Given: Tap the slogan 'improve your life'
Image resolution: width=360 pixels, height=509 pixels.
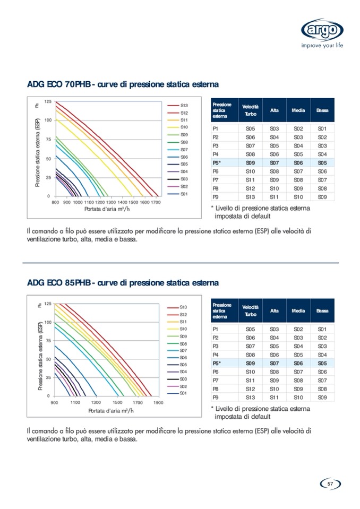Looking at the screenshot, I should (x=323, y=46).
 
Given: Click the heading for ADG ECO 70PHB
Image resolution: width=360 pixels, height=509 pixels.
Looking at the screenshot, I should (x=123, y=85).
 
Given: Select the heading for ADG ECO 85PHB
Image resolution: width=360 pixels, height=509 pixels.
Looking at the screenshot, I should (x=123, y=283).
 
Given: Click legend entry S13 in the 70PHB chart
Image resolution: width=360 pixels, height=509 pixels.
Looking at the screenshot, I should (x=184, y=106).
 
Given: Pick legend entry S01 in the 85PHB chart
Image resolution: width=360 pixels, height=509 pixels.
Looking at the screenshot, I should (x=183, y=393).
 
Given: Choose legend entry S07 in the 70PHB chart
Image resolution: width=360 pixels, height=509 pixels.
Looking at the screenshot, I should (x=184, y=150).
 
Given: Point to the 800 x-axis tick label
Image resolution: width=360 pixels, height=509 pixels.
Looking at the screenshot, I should (x=55, y=203).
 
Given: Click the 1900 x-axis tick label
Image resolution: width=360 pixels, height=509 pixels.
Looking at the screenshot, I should (x=158, y=403).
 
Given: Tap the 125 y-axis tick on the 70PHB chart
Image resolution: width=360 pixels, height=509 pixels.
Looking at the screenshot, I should (x=48, y=101).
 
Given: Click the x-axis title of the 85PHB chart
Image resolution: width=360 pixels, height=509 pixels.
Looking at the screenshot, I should (x=111, y=411).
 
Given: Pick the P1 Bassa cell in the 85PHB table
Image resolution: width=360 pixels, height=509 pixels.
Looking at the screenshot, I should (x=322, y=330).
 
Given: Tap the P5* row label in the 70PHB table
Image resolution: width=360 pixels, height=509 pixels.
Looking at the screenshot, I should (x=217, y=162).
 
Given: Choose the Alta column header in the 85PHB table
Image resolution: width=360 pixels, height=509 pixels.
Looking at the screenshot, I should (x=275, y=310).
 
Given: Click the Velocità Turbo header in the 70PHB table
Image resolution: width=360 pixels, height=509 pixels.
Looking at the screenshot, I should (x=250, y=110).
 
